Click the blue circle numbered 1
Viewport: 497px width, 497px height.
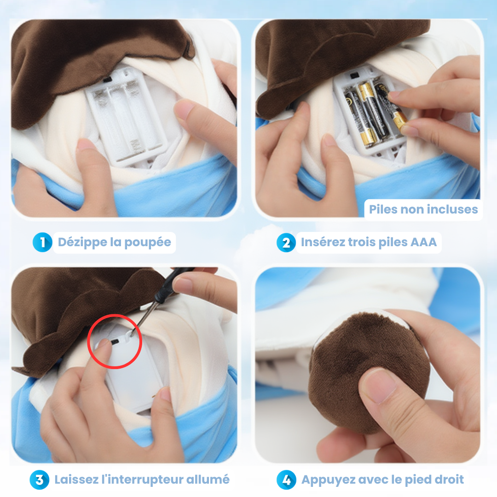click(42, 243)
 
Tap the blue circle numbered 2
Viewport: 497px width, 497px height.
click(286, 243)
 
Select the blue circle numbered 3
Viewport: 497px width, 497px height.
click(40, 480)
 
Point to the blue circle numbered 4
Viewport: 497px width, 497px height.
click(286, 480)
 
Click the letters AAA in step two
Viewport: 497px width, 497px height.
click(423, 242)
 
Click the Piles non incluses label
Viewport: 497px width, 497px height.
click(423, 209)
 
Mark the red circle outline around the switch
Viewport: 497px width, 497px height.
click(115, 315)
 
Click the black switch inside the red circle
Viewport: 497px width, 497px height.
click(115, 341)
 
